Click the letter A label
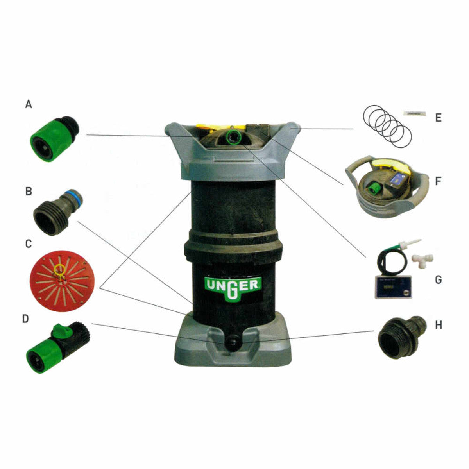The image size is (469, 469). [29, 104]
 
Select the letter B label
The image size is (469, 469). [29, 192]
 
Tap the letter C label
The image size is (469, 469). [29, 244]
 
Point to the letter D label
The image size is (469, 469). [25, 319]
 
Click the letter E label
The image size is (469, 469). [438, 118]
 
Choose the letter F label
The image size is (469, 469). [438, 181]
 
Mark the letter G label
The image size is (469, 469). [438, 280]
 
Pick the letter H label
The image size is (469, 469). [439, 326]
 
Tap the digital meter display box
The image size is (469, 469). [393, 287]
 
